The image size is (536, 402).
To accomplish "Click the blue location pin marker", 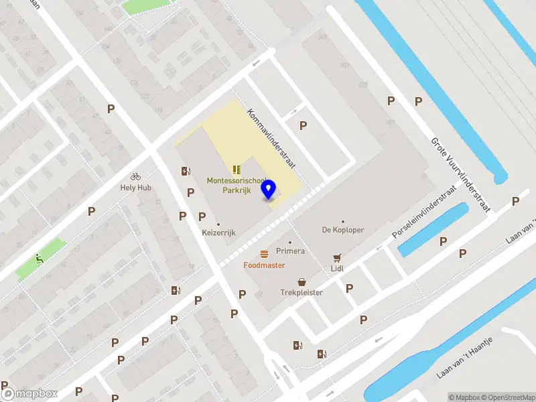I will click(x=269, y=190).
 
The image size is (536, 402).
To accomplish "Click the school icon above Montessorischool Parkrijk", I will click(x=236, y=170).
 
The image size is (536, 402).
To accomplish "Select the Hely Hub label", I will click(x=136, y=188).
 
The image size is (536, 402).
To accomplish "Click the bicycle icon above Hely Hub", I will click(x=136, y=176).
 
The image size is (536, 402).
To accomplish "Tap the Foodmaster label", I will click(x=264, y=265).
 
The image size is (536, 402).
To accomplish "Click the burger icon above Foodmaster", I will click(x=265, y=253).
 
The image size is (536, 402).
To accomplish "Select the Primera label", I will click(x=290, y=251).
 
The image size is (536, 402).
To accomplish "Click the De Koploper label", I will click(x=343, y=230).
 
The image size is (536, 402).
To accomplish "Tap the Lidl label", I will click(x=337, y=268).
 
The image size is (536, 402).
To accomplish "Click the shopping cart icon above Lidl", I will click(x=337, y=257).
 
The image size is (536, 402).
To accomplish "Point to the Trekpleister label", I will click(x=301, y=293).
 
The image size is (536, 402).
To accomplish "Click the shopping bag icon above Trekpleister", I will click(x=301, y=281).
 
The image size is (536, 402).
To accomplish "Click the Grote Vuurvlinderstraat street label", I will click(x=462, y=174).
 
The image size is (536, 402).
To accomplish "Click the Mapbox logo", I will click(x=29, y=394).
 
